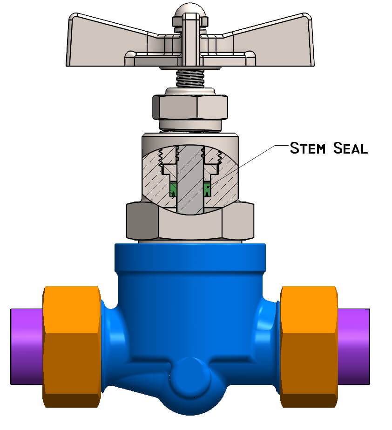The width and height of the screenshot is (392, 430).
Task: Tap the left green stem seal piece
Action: point(174,189)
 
